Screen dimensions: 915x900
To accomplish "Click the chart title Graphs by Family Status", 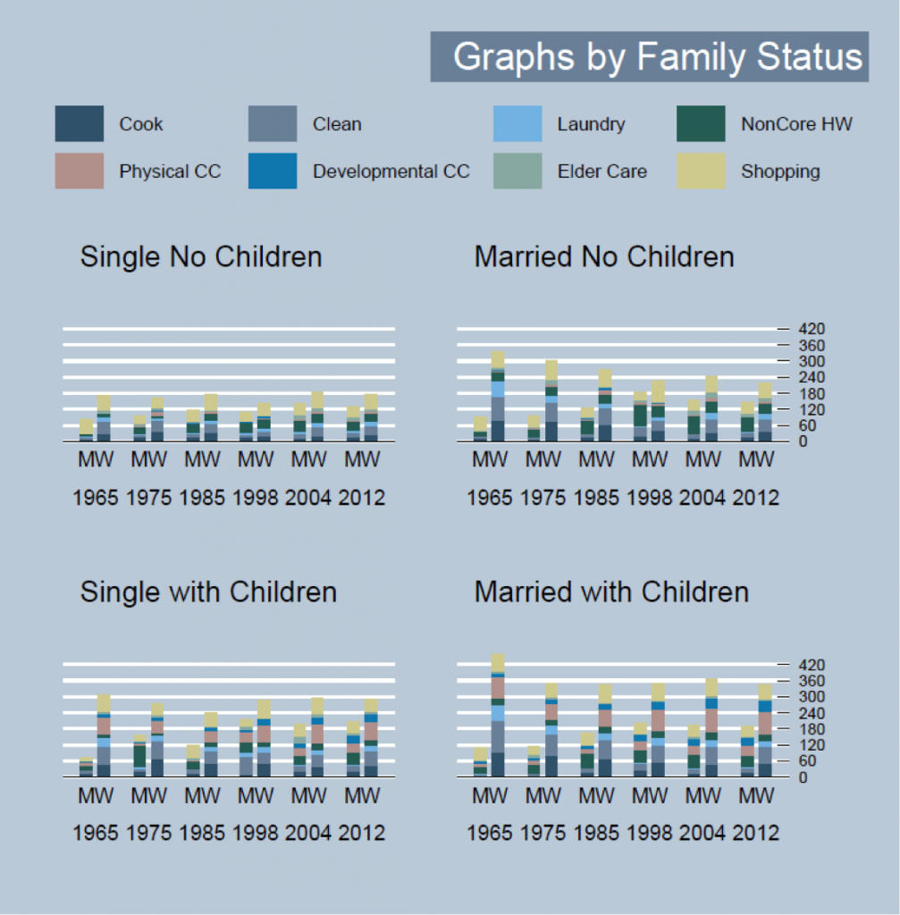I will (x=660, y=56).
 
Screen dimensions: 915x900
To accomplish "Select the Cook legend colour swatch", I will (x=79, y=124).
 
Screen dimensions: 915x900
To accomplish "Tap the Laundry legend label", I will (x=591, y=124).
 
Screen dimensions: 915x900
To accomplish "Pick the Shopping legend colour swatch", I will (x=701, y=172).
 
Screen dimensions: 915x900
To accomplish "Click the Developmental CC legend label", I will (x=391, y=172).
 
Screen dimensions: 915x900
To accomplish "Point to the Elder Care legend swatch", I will (x=517, y=172).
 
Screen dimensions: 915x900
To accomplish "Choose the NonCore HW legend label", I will (x=796, y=124).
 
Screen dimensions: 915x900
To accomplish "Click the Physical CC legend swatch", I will (x=79, y=172).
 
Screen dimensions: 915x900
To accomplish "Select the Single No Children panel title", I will (x=201, y=257).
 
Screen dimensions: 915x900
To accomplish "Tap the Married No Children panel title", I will (x=604, y=257).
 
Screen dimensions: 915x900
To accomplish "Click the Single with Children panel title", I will (x=208, y=592).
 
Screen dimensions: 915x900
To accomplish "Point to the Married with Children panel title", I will (x=611, y=592).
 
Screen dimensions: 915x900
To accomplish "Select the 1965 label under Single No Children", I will (x=95, y=498).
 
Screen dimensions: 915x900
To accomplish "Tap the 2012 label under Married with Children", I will (x=756, y=833).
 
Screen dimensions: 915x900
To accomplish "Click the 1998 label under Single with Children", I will (x=255, y=833).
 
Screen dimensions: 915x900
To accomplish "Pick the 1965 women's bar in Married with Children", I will (x=498, y=715).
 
